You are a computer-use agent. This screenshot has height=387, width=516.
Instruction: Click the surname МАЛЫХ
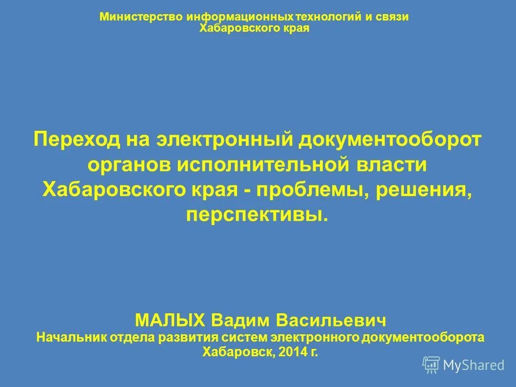pos(170,321)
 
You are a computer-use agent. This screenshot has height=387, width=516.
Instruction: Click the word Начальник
pos(68,337)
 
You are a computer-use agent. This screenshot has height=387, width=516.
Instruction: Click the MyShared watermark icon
pos(431,365)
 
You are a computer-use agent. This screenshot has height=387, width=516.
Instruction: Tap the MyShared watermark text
pos(474,365)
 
